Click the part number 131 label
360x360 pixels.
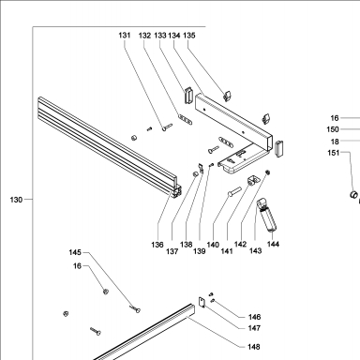coord(125,35)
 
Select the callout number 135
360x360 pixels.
coord(189,36)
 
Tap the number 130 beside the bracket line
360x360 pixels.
coord(16,200)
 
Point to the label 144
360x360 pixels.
coord(273,244)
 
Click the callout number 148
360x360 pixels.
coord(254,347)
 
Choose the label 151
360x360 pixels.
coord(334,153)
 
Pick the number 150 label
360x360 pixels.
coord(333,129)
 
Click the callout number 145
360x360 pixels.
coord(75,252)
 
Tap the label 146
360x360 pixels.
coord(254,317)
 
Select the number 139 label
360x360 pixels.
coord(200,251)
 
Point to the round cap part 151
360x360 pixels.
coord(353,194)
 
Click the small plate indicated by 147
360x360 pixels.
coord(202,302)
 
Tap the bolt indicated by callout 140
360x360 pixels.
coord(234,191)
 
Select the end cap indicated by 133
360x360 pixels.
coord(188,95)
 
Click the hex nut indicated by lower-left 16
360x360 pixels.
coord(106,292)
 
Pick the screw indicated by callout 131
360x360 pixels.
coord(167,127)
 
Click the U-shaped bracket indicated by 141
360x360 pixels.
coord(253,180)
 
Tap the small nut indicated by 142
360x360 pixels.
coord(267,172)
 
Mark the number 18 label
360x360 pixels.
coord(335,142)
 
